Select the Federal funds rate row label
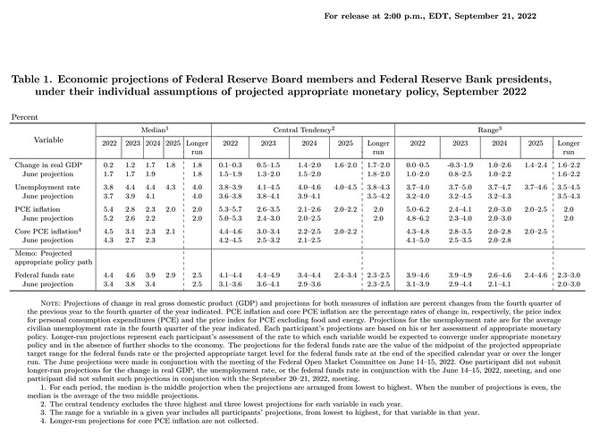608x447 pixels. point(46,276)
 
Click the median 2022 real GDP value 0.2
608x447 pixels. point(108,164)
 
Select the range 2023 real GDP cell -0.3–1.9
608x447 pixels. point(461,164)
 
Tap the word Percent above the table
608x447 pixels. point(24,116)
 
